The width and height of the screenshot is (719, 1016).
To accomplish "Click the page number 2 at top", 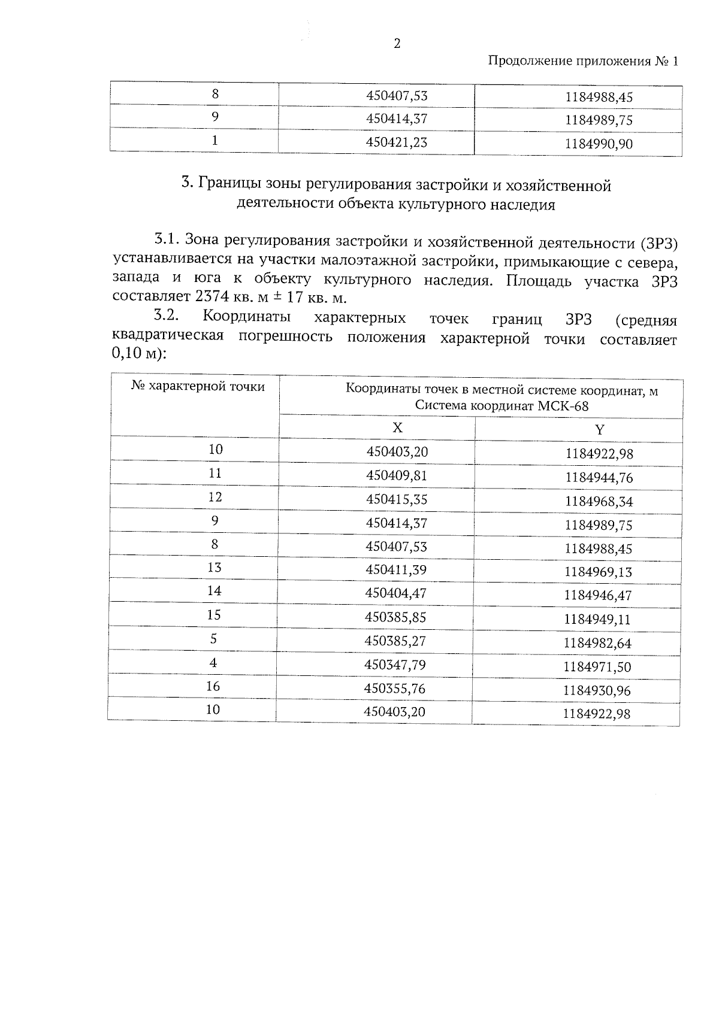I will [x=397, y=43].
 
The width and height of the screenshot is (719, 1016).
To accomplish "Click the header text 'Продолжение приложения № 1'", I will [x=584, y=61].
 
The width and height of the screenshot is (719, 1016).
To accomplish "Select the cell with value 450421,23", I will [x=397, y=142].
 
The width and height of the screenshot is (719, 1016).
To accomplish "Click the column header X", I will [x=397, y=427].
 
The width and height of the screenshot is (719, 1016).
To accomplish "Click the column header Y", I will [x=600, y=430].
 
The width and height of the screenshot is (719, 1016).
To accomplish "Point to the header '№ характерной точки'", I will [x=198, y=387].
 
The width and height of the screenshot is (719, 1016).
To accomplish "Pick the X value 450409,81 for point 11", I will [x=397, y=475].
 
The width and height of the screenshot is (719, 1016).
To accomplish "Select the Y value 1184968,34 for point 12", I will [x=599, y=502].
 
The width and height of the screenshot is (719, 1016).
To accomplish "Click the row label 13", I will [x=215, y=568].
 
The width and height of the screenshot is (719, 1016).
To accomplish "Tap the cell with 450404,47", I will [x=396, y=593].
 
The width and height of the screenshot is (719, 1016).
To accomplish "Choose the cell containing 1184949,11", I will [x=597, y=620].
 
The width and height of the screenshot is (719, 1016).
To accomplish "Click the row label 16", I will [x=213, y=687].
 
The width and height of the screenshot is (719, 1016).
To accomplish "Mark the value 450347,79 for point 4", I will [x=395, y=665].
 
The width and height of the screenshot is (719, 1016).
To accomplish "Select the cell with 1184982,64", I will [x=597, y=644].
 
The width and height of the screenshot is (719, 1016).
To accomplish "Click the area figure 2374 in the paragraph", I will [x=214, y=296].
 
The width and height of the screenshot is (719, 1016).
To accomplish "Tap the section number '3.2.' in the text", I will [x=168, y=316].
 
